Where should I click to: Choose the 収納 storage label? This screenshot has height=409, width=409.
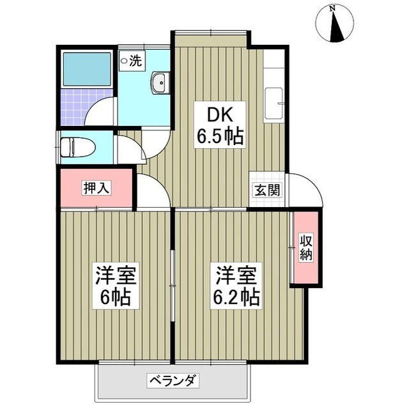pos(306,247)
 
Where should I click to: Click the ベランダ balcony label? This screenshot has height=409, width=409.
pos(173,381)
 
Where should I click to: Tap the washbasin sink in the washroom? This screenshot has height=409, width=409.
pos(160,83)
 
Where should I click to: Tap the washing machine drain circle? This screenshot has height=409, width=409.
pos(124,61)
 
